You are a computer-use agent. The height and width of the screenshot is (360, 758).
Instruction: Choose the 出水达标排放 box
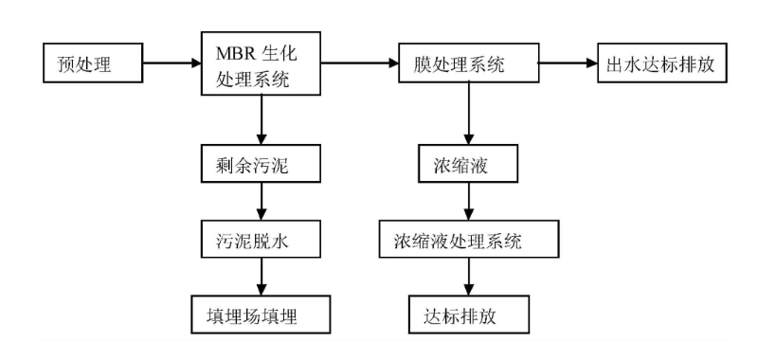pos(659,66)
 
